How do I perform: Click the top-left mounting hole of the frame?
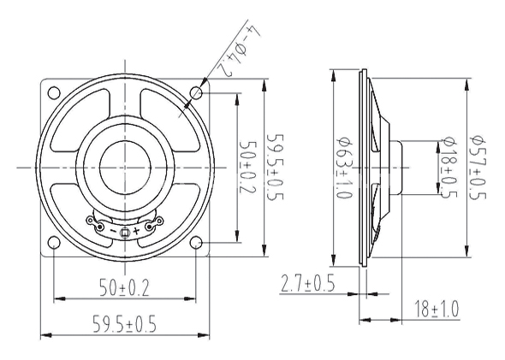tap(54, 93)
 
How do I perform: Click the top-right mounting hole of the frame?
tap(196, 93)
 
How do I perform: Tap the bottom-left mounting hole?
tap(54, 243)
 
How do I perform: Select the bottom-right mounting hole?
tap(196, 243)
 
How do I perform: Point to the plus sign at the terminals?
tap(136, 231)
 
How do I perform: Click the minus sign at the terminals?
tap(113, 231)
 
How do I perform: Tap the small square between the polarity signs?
tap(125, 233)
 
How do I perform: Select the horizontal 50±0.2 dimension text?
tap(124, 288)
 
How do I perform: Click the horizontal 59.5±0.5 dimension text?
tap(124, 323)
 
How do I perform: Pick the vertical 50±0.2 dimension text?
tap(248, 167)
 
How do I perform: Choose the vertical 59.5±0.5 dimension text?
tap(276, 167)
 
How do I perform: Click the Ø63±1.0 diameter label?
tap(344, 168)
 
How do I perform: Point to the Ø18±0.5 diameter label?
tap(449, 168)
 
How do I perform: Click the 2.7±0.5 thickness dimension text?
tap(308, 283)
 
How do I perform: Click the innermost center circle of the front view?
tap(125, 168)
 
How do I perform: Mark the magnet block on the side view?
tap(395, 168)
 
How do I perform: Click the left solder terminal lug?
tap(96, 223)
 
